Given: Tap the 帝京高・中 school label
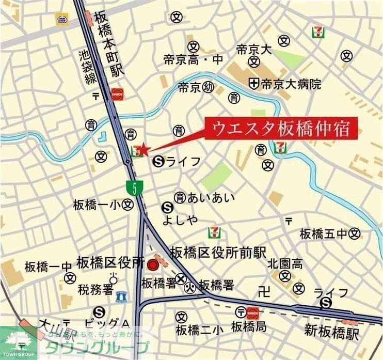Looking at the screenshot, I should pos(193,60).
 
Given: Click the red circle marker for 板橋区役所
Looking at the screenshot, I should pos(152,265).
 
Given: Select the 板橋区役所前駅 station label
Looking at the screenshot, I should pos(218,253).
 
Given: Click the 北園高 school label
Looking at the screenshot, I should pos(285,264).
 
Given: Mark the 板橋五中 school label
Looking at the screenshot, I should pos(323,234).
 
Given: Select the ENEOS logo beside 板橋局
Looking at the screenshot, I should pos(253,312).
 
